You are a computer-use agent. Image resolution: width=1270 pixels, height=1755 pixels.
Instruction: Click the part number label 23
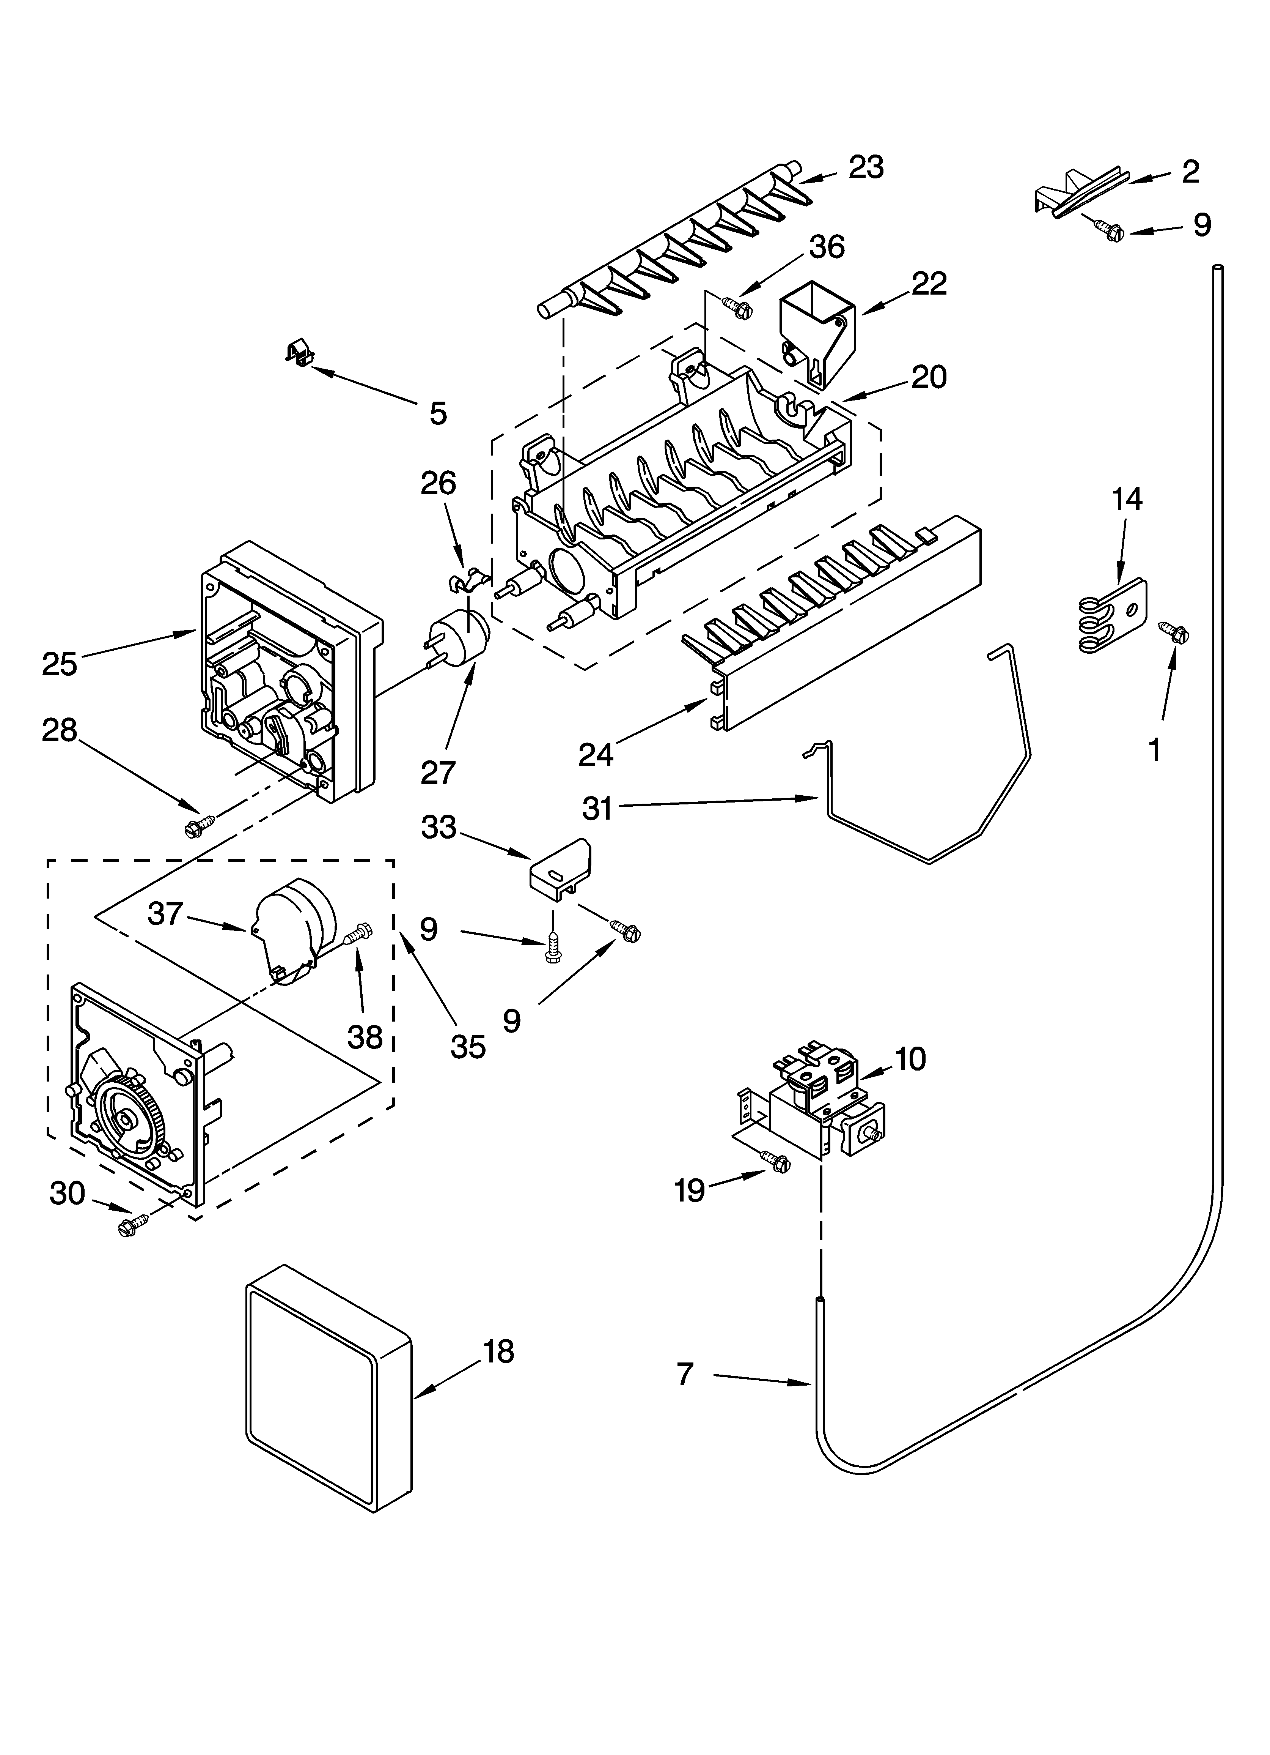click(866, 167)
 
